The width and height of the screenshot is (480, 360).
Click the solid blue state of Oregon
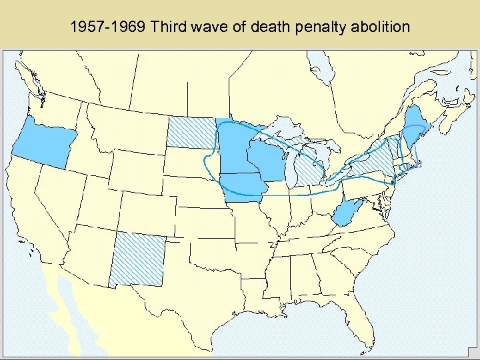41,143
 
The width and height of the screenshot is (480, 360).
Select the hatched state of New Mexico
137,260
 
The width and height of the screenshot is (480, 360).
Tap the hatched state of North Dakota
191,131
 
